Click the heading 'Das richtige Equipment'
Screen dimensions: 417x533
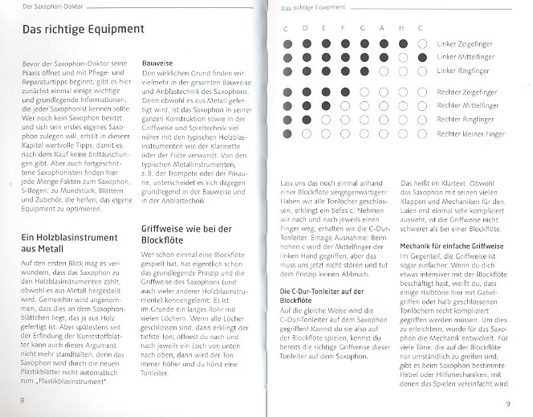click(x=83, y=30)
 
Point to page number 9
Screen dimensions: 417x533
click(x=507, y=403)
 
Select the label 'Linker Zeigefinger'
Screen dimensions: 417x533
click(x=466, y=43)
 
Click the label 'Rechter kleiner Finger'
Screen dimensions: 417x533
click(x=471, y=133)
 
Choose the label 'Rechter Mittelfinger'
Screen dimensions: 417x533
click(x=467, y=105)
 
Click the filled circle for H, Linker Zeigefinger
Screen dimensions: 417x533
click(x=403, y=43)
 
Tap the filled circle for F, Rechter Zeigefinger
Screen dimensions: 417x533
click(x=344, y=91)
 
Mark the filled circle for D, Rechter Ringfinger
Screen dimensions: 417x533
click(x=306, y=119)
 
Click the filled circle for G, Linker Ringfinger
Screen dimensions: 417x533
click(x=364, y=72)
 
